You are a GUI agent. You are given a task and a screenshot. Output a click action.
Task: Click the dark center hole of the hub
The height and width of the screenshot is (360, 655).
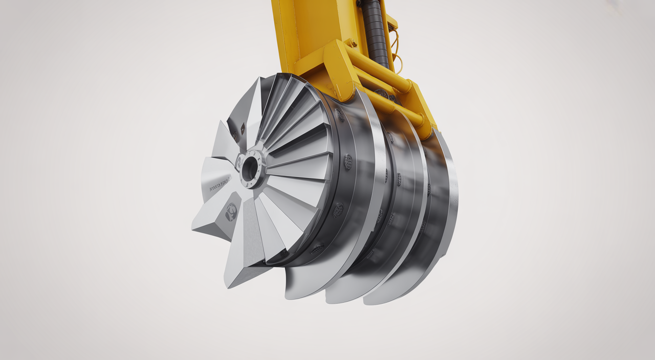pyautogui.click(x=250, y=169)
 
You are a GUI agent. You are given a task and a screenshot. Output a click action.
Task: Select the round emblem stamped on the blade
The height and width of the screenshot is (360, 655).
pyautogui.click(x=231, y=211)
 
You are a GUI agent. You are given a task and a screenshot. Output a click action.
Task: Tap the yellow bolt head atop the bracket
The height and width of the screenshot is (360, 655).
pyautogui.click(x=351, y=43)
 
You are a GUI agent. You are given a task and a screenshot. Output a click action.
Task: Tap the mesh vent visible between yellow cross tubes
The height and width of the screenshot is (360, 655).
pyautogui.click(x=381, y=93)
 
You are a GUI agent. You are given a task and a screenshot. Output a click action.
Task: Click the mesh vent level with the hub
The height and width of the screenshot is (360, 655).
pyautogui.click(x=348, y=162)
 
